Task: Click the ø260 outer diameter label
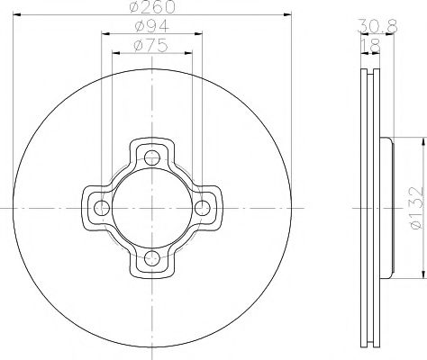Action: (150, 9)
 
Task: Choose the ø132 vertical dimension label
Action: (413, 208)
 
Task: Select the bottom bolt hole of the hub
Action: (152, 260)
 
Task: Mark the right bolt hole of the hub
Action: (204, 209)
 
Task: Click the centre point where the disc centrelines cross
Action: (152, 209)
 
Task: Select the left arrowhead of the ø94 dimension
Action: (104, 34)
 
